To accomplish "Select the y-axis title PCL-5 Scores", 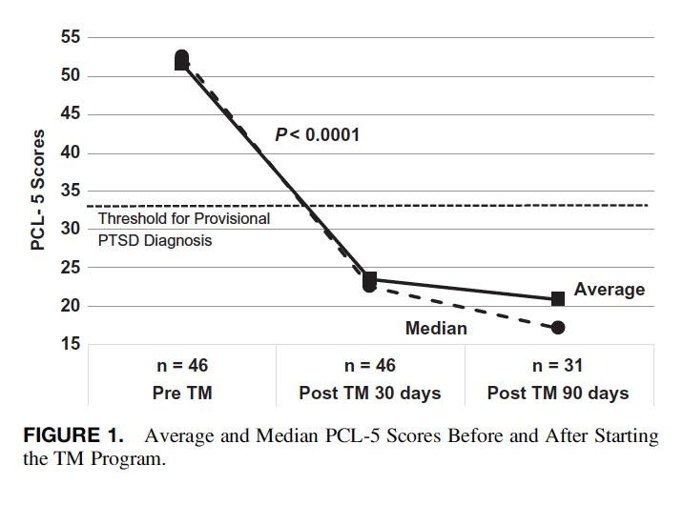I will pos(38,190).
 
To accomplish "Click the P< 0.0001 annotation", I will pos(317,135).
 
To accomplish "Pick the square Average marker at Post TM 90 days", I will pos(558,299).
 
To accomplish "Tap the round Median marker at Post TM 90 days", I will pos(558,328).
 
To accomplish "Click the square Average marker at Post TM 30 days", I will pos(370,279).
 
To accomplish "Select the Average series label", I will pos(610,290).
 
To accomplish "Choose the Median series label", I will pos(436,329).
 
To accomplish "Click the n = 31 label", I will pos(558,365).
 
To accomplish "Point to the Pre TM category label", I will pos(182,393).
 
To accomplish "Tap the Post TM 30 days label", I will pos(370,393).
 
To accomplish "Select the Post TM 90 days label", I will pos(558,393).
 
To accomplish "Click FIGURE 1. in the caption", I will pos(72,436).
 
